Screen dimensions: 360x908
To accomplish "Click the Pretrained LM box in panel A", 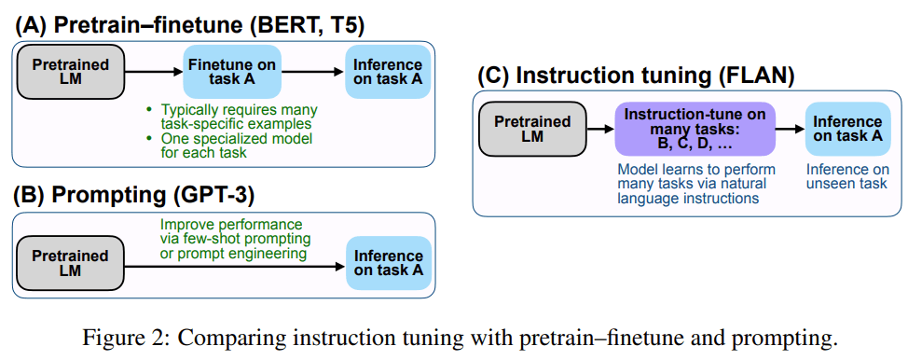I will [71, 72].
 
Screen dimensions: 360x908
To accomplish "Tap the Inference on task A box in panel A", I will [387, 72].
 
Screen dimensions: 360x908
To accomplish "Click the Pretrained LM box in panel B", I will [71, 263].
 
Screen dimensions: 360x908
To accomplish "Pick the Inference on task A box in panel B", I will [387, 263].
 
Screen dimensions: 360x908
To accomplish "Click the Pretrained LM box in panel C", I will [531, 129].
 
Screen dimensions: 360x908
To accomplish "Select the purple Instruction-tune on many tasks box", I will [695, 129].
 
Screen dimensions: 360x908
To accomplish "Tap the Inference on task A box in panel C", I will [846, 129].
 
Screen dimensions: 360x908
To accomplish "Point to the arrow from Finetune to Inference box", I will [312, 72].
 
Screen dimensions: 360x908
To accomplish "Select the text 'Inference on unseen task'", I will [846, 176].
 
